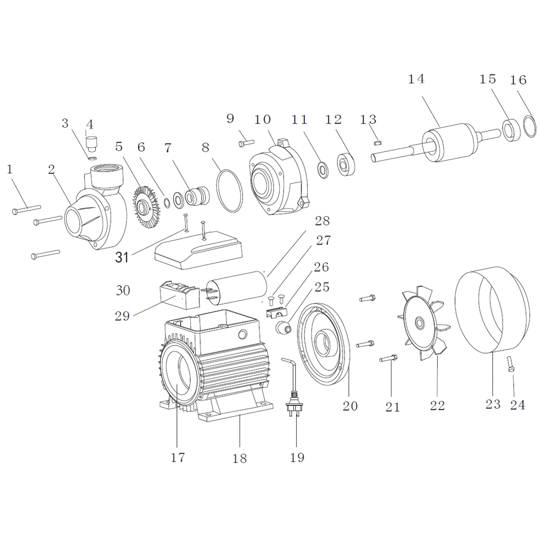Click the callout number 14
point(417,79)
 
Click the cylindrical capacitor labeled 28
point(236,287)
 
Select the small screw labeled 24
point(511,364)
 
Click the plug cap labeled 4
point(91,145)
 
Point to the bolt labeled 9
point(246,143)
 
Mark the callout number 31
point(122,257)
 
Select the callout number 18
point(239,458)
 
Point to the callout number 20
point(350,406)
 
